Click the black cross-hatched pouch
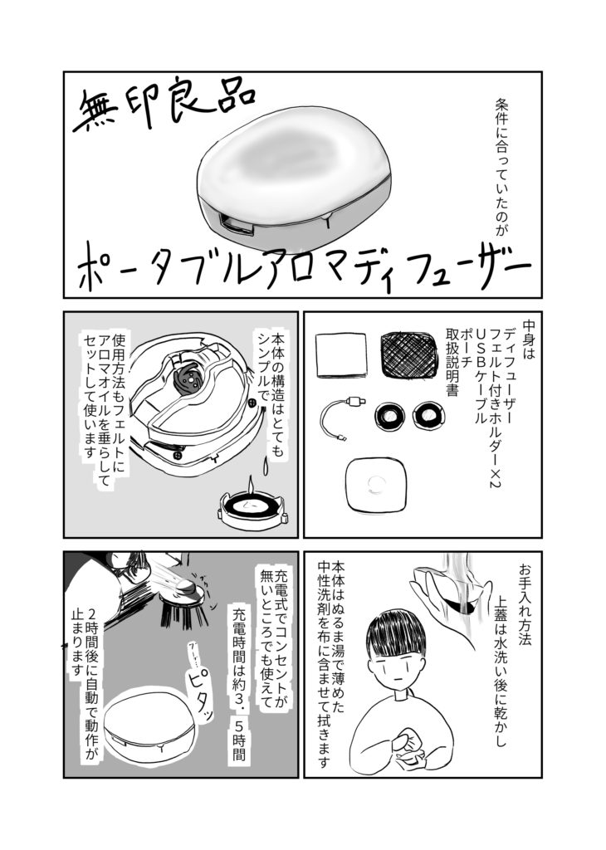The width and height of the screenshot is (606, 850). point(408,355)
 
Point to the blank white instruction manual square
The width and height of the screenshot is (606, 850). point(341,355)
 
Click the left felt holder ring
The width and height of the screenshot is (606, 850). point(389,417)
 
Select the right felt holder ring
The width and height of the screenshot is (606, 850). point(428,416)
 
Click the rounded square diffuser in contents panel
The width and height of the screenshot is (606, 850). point(374,482)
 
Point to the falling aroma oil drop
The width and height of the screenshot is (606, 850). point(265,464)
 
